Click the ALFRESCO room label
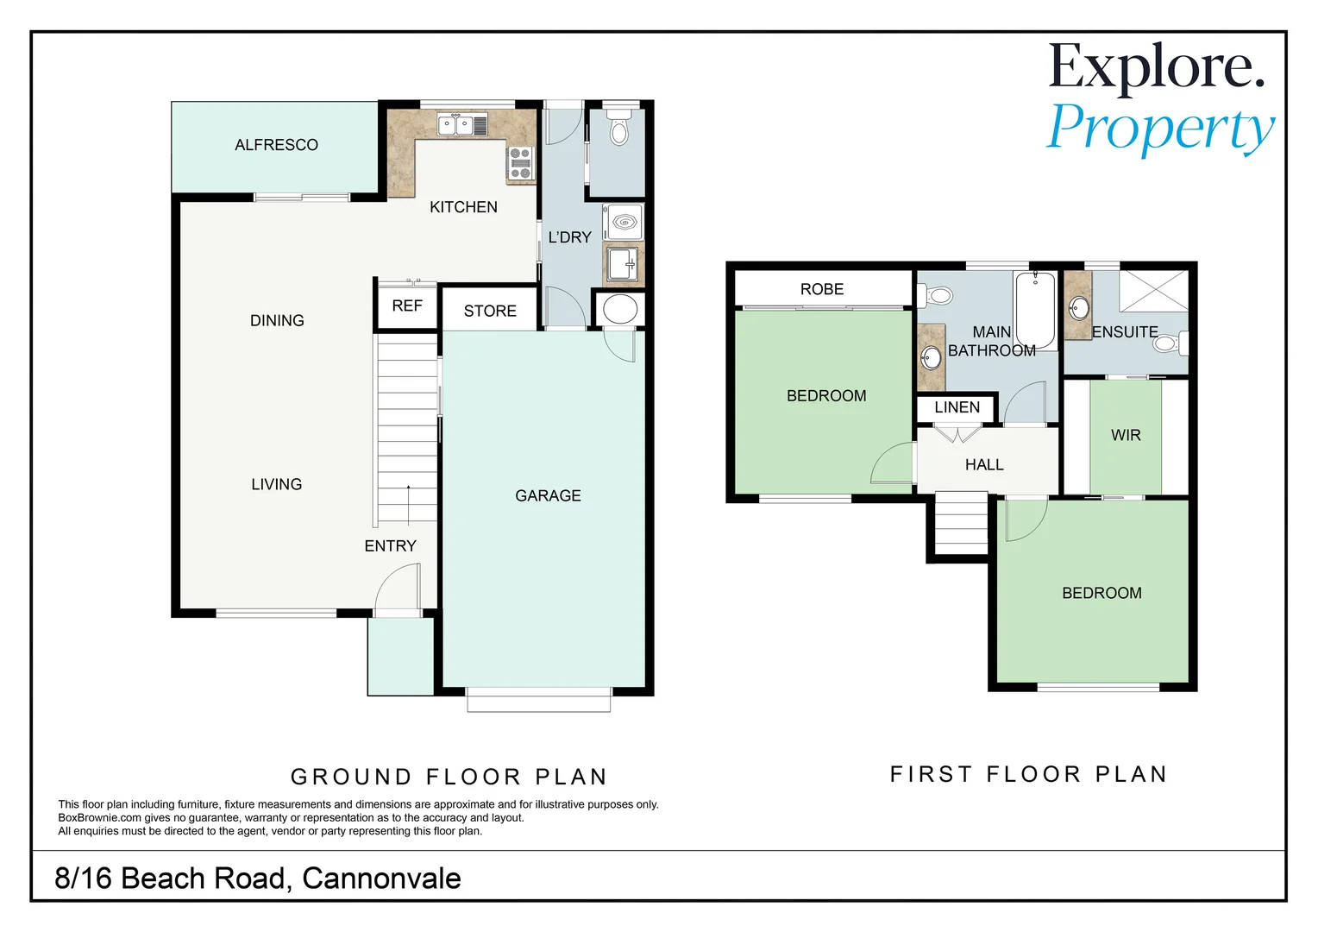pos(276,145)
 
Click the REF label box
pos(407,306)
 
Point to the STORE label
pos(490,312)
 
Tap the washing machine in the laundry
pos(622,223)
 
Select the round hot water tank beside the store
pos(619,309)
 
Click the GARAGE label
pos(548,496)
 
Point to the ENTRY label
pos(390,546)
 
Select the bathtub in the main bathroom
pos(1035,309)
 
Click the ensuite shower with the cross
pos(1153,290)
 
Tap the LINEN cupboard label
pos(957,407)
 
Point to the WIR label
pos(1126,436)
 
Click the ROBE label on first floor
pos(822,289)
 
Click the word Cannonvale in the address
pos(381,878)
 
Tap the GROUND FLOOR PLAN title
pos(449,777)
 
